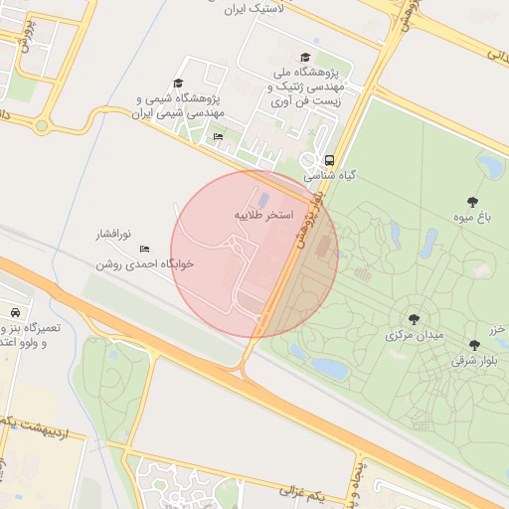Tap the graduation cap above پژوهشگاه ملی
tap(305, 58)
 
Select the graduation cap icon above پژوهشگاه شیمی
tap(178, 84)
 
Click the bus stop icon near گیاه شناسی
tap(329, 159)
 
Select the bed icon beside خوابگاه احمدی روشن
tap(145, 249)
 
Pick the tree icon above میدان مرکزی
tap(414, 319)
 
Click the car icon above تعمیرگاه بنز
tap(15, 312)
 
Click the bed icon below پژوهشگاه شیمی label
tap(218, 136)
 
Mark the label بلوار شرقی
tap(472, 361)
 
